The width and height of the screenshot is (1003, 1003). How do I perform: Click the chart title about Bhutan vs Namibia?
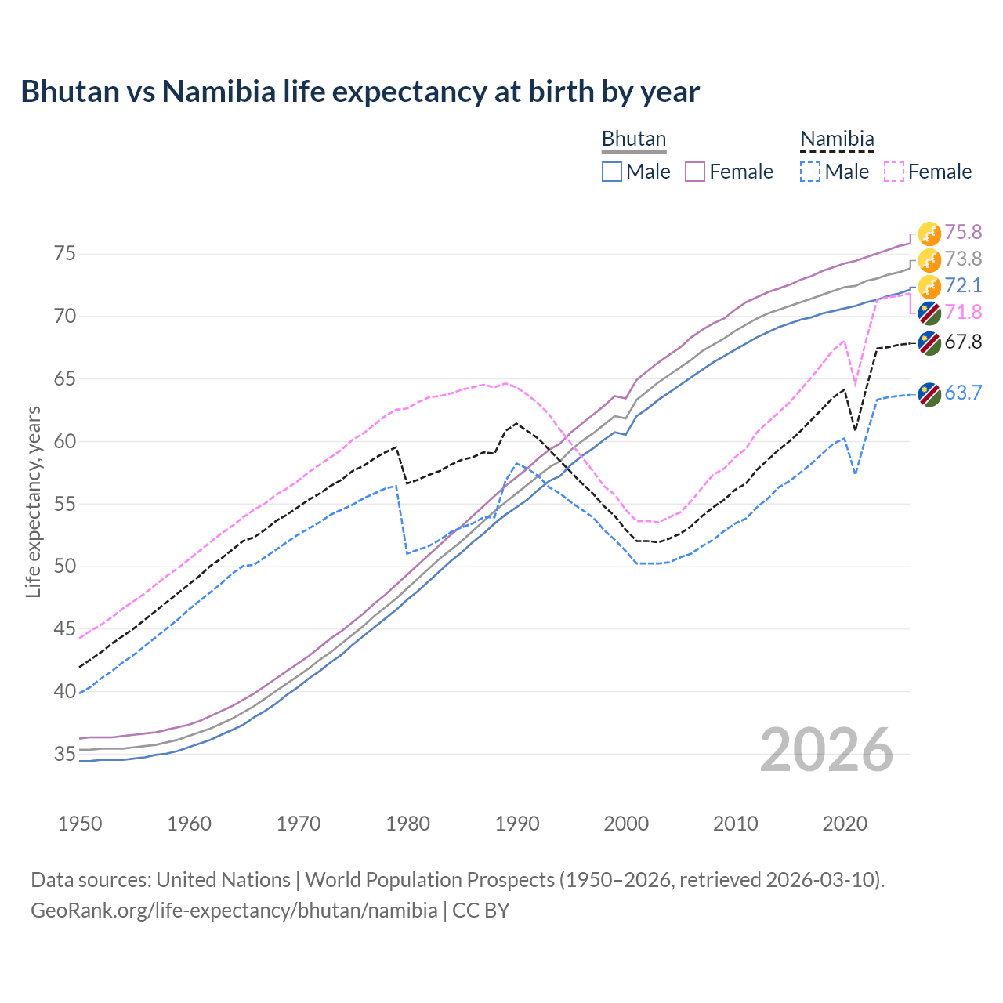360,92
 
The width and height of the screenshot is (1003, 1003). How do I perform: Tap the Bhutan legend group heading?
633,139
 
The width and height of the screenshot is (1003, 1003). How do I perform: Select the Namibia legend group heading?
837,139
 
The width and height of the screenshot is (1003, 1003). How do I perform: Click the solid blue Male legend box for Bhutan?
612,172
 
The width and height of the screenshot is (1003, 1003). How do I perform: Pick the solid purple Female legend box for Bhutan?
695,172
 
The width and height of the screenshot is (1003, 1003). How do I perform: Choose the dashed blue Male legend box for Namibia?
810,172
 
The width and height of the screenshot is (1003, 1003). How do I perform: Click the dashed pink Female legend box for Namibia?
894,172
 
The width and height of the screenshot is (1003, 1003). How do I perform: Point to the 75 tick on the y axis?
64,254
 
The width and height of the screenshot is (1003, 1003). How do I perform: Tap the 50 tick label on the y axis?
64,566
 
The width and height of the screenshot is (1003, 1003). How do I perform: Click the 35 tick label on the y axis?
64,754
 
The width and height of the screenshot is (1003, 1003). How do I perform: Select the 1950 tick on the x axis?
80,824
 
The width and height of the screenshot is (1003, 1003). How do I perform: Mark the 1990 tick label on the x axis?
517,824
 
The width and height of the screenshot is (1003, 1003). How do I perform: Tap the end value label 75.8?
963,232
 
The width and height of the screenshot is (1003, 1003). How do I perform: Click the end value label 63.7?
963,393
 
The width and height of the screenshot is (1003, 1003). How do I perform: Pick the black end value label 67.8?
963,342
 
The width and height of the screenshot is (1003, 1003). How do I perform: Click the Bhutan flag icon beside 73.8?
929,259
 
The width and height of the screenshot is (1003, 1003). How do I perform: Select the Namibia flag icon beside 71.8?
929,313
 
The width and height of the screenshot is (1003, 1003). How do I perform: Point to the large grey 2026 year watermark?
826,750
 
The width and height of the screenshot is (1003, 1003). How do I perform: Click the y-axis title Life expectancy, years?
33,501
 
